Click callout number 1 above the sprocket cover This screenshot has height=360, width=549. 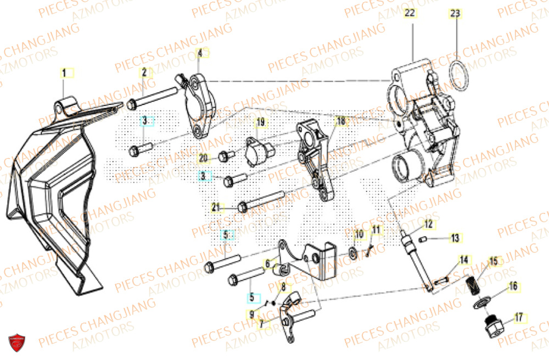[64, 72]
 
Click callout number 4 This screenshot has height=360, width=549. [200, 53]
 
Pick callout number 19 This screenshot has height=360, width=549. [260, 121]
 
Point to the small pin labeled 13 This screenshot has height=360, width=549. [423, 238]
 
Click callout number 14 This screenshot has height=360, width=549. [464, 260]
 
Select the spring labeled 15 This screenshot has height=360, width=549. [470, 285]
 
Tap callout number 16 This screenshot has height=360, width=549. [513, 286]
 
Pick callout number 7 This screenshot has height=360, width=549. [262, 324]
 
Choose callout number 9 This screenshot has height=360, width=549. [251, 314]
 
